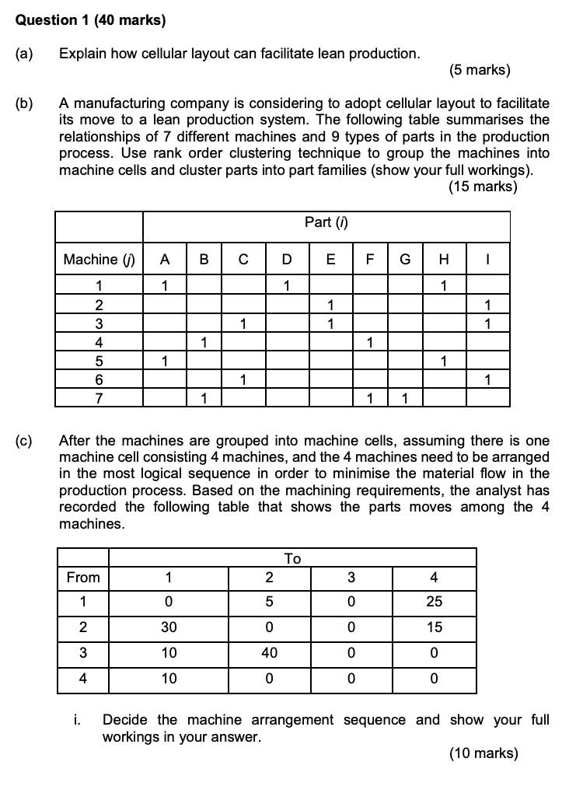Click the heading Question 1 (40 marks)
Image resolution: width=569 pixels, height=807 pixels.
(91, 20)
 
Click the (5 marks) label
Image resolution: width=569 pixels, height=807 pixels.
(480, 71)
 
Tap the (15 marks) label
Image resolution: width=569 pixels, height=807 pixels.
(482, 187)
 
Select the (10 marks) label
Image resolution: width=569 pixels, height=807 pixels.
(483, 753)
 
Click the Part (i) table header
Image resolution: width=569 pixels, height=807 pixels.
(326, 222)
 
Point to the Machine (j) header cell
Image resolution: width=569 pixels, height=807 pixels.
(99, 260)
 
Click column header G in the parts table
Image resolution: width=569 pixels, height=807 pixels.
(405, 260)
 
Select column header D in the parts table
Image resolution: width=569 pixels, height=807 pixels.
(287, 260)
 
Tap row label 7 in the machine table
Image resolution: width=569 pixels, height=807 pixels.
(99, 399)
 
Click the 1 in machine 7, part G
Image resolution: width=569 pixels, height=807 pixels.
(405, 399)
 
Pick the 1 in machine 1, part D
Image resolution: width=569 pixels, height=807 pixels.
(287, 285)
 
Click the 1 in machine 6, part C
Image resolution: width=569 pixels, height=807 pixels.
(243, 380)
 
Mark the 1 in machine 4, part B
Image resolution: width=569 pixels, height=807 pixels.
(203, 342)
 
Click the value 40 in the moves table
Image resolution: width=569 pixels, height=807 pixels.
(269, 653)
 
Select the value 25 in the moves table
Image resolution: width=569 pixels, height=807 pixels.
(434, 603)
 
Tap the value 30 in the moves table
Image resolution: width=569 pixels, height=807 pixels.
(169, 627)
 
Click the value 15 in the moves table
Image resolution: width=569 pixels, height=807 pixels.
(434, 627)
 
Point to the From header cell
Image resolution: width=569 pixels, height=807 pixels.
(83, 577)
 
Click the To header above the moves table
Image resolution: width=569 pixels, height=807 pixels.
(292, 558)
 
